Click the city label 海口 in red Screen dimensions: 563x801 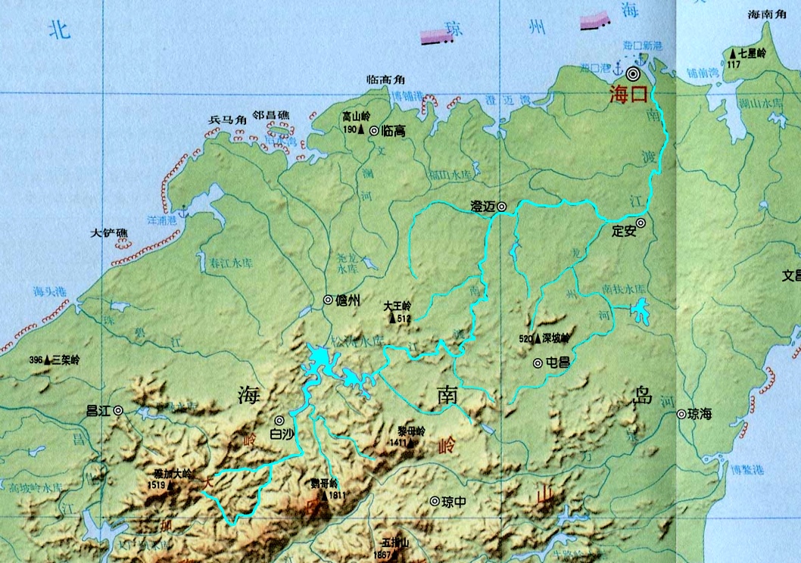click(x=630, y=95)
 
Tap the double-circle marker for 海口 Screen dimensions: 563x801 click(x=632, y=73)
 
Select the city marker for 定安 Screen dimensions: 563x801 click(x=640, y=222)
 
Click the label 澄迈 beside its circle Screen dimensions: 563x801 click(x=482, y=206)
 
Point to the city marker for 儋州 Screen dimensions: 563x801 click(x=328, y=300)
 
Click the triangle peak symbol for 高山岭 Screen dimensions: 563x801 click(x=362, y=130)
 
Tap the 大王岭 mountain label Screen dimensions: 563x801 click(x=397, y=306)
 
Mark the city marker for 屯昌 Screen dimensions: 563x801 click(x=538, y=363)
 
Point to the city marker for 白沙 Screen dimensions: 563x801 click(x=279, y=420)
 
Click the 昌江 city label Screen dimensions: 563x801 click(x=98, y=411)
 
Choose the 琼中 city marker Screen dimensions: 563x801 click(x=435, y=501)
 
